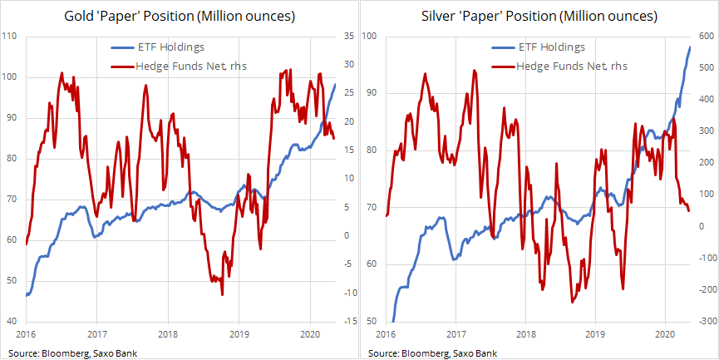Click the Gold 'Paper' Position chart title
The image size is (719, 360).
pyautogui.click(x=179, y=16)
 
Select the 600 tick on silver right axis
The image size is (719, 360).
pyautogui.click(x=707, y=36)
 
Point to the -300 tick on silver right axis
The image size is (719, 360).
pyautogui.click(x=707, y=322)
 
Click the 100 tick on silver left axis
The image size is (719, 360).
pyautogui.click(x=370, y=36)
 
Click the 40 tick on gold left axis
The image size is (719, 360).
pyautogui.click(x=11, y=322)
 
